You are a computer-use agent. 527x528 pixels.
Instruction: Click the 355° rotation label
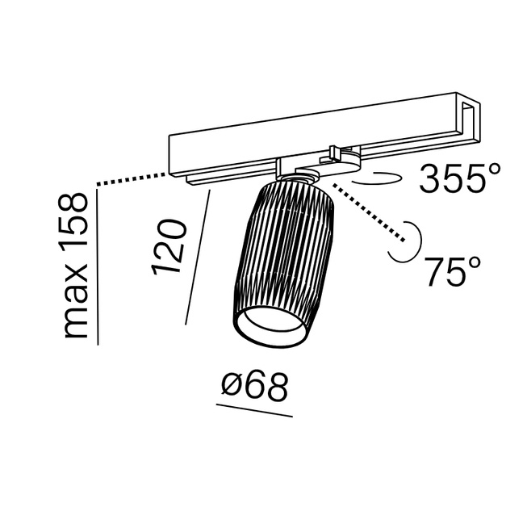[460, 178]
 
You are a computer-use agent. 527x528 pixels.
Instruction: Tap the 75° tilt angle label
[453, 271]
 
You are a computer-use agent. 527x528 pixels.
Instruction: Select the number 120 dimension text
[169, 247]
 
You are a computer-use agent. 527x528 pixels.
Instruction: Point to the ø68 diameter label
[255, 387]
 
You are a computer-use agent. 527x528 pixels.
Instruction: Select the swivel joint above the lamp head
[305, 176]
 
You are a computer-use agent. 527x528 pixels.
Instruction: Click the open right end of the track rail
[468, 121]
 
